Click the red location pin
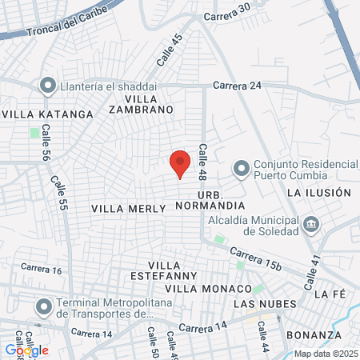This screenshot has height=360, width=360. coord(181,163)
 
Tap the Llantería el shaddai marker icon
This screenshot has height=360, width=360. coord(47,86)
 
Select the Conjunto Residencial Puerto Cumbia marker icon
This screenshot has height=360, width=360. coord(240,169)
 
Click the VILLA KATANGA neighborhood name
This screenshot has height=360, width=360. coord(47,114)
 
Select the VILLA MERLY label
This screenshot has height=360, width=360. coord(128,208)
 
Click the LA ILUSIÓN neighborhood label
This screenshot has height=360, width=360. coord(318,193)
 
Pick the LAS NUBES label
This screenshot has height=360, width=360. coord(264,305)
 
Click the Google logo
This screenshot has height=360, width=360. coord(26,350)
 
